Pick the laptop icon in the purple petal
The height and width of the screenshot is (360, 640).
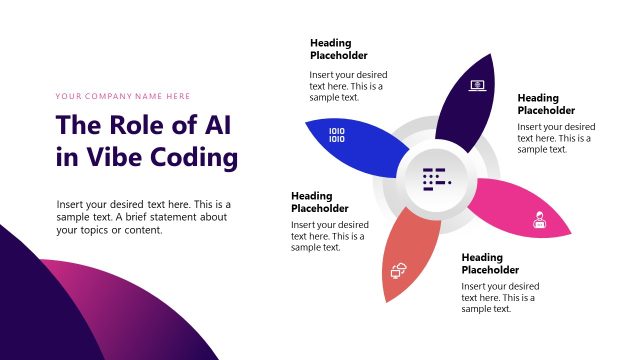click(x=477, y=87)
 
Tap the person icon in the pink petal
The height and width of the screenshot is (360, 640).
click(x=538, y=220)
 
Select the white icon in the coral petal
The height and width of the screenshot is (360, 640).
click(x=397, y=269)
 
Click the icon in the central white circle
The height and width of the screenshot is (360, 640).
click(x=437, y=178)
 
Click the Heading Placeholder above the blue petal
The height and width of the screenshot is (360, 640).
click(x=339, y=49)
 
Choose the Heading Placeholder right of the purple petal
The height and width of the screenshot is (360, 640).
click(x=546, y=104)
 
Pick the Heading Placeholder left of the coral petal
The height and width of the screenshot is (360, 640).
click(x=320, y=202)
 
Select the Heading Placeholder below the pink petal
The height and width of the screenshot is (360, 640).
click(x=490, y=264)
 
